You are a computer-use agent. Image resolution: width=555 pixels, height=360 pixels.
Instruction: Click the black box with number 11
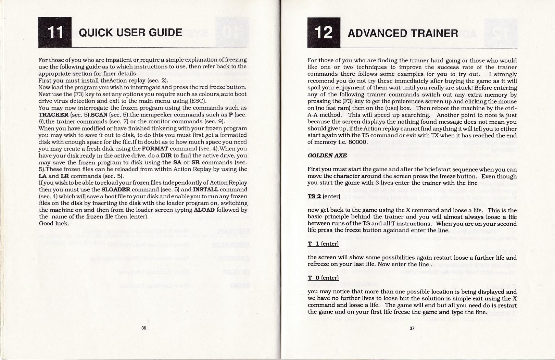click(55, 32)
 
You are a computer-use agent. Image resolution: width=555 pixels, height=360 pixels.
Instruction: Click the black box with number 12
click(324, 33)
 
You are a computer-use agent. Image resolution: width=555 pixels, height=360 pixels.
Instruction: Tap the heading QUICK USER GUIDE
click(130, 33)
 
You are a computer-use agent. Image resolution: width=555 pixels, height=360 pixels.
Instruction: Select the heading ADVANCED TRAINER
click(403, 33)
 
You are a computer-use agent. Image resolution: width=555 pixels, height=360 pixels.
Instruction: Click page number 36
click(144, 328)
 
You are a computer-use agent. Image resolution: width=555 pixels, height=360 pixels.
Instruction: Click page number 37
click(412, 328)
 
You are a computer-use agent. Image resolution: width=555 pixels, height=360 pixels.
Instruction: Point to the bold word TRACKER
click(53, 115)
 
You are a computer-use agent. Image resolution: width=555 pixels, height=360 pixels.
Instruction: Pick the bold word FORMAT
click(155, 149)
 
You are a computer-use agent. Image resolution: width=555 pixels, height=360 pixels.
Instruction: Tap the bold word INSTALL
click(205, 189)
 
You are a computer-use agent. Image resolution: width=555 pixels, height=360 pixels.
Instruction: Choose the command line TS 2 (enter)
click(324, 196)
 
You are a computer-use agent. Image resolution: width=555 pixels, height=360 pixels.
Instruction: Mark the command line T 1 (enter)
click(323, 244)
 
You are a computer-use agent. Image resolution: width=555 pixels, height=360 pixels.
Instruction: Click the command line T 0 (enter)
click(323, 278)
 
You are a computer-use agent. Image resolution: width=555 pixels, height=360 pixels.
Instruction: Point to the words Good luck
click(54, 223)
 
